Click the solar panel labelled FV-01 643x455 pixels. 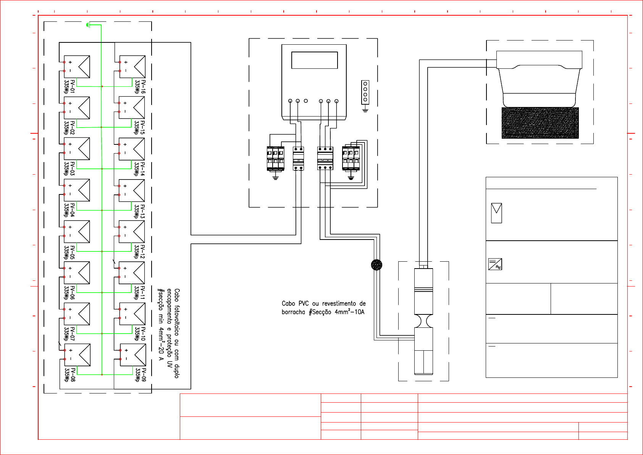point(77,66)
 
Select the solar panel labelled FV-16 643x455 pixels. point(132,66)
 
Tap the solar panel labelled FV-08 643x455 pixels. point(78,355)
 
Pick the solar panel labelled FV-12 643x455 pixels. point(132,232)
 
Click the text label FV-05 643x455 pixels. point(73,253)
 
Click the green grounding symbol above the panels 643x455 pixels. point(88,25)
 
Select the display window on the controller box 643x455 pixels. point(314,60)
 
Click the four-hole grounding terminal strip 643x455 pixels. point(365,92)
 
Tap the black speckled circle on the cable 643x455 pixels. point(376,265)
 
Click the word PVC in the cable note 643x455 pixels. point(303,304)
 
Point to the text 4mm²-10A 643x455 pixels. point(349,312)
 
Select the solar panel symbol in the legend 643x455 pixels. point(496,213)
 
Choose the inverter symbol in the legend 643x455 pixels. point(495,264)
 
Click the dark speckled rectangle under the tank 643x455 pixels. point(540,123)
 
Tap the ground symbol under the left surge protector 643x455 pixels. point(275,177)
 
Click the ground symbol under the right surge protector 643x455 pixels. point(351,177)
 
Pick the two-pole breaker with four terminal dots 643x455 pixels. point(298,158)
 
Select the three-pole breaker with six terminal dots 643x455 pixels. point(325,158)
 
